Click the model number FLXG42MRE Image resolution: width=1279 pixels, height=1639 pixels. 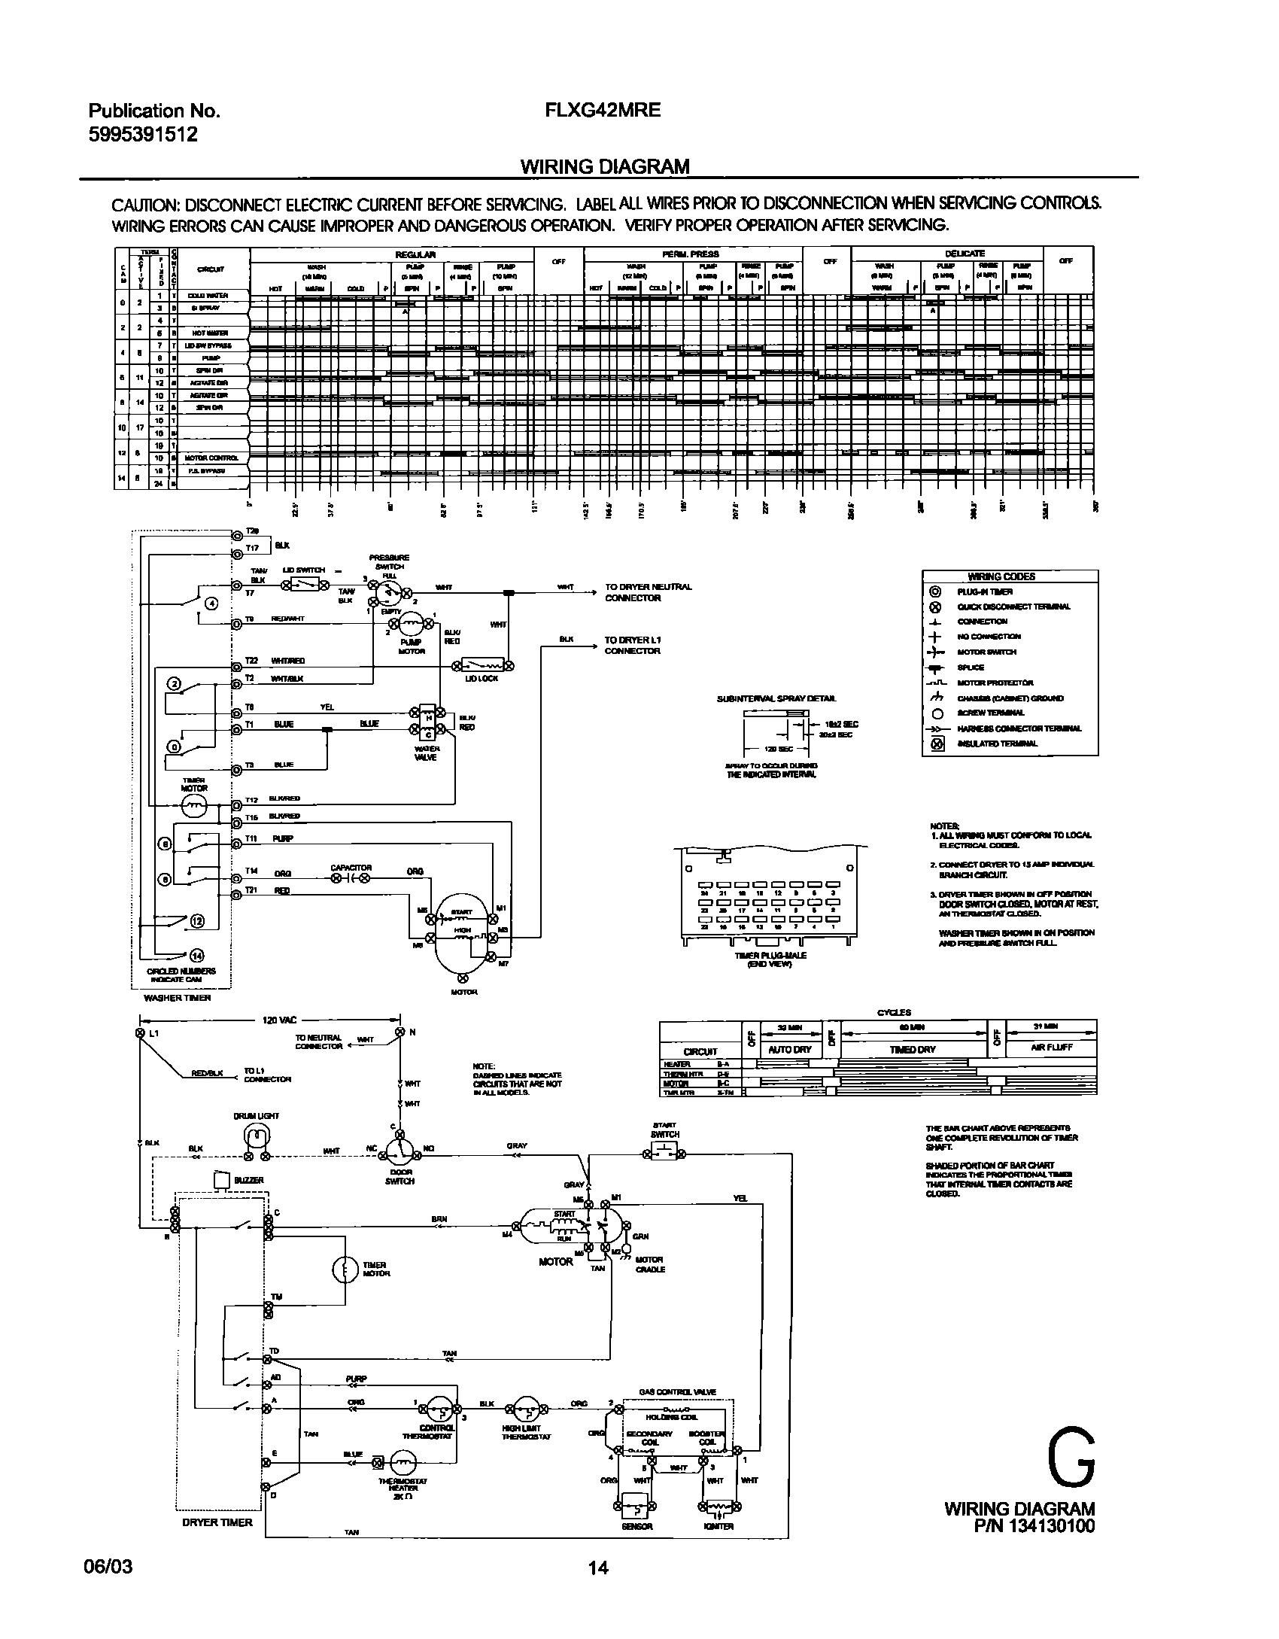603,110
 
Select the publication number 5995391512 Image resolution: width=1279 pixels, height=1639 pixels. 143,134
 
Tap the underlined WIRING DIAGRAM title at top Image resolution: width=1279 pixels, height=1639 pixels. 605,166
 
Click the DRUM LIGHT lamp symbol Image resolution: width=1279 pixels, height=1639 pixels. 257,1136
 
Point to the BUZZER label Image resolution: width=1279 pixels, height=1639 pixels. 248,1180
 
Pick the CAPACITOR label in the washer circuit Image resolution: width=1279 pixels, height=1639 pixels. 351,868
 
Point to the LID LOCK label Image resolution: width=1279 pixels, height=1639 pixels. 478,679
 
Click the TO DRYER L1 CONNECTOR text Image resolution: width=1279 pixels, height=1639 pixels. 632,645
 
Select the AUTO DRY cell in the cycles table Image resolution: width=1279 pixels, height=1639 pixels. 789,1049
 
